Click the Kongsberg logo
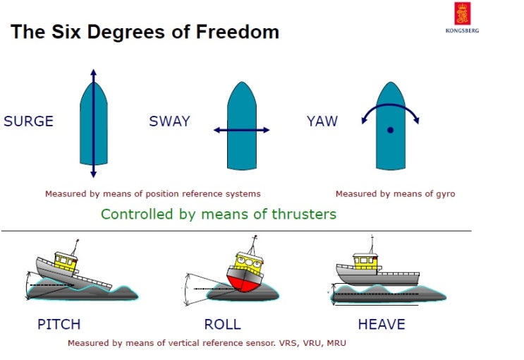click(462, 17)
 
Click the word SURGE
click(28, 121)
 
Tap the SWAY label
click(169, 121)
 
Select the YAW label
click(322, 121)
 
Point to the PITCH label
click(59, 325)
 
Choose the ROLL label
click(222, 325)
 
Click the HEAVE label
click(382, 325)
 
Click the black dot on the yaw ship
click(390, 130)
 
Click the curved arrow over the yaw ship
click(390, 108)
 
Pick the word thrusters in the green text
click(305, 214)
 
